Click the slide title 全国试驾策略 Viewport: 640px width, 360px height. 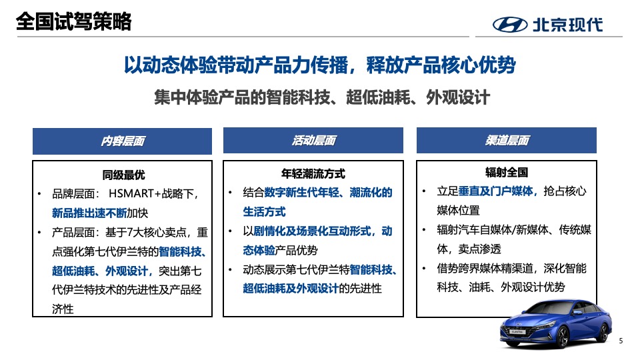point(73,22)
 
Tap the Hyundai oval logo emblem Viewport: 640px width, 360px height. point(509,25)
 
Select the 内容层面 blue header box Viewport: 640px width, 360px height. point(123,141)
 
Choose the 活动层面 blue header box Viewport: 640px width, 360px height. point(313,141)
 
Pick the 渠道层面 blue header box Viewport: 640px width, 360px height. point(507,141)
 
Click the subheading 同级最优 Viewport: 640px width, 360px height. point(123,175)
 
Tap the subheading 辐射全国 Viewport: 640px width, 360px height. point(507,172)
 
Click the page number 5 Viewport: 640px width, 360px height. point(621,341)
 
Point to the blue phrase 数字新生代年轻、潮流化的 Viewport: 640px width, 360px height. point(328,193)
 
